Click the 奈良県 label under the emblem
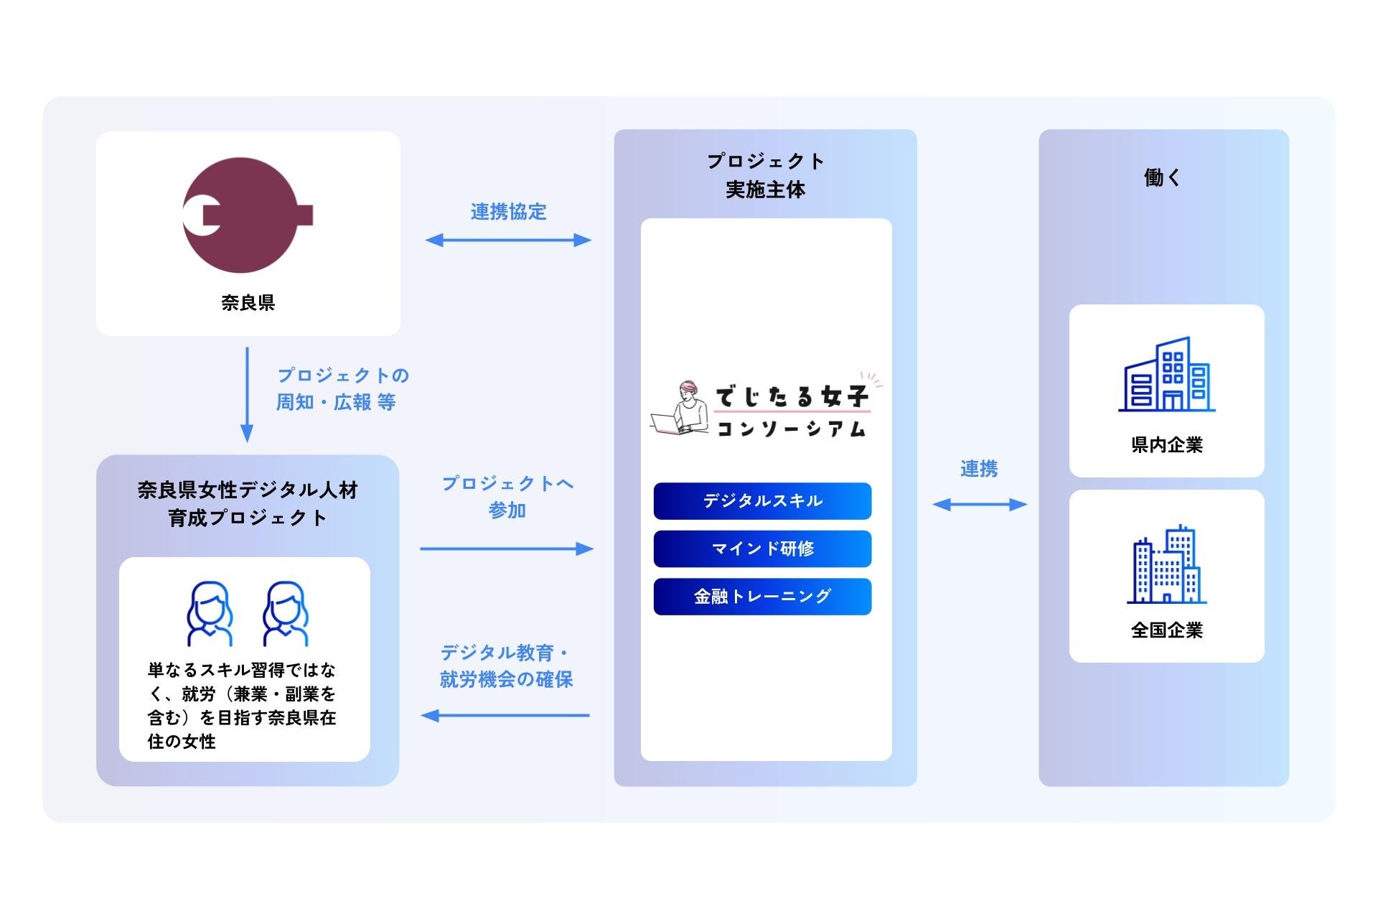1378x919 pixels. tap(248, 302)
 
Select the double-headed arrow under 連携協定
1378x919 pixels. tap(508, 240)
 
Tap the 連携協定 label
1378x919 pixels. tap(508, 212)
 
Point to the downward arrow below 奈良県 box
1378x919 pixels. tap(247, 395)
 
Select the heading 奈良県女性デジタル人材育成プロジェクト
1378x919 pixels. tap(248, 503)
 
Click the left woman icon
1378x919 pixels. tap(210, 614)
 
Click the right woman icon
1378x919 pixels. tap(286, 614)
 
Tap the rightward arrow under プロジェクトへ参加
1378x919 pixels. tap(507, 549)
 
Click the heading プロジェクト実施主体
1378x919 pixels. tap(765, 174)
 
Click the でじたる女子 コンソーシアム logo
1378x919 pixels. tap(765, 408)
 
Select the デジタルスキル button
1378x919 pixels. tap(762, 501)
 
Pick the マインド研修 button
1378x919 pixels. tap(762, 549)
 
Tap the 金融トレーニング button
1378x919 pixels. tap(762, 597)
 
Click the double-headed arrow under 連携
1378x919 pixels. tap(980, 505)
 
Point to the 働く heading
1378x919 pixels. tap(1163, 177)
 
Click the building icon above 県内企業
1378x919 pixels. tap(1166, 375)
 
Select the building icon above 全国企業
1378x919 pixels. tap(1166, 564)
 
